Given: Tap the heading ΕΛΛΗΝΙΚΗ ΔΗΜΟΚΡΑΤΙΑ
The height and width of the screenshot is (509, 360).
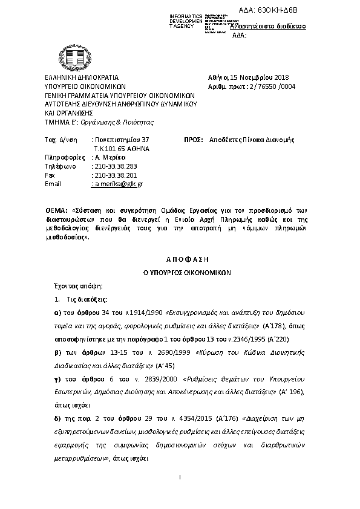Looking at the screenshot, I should pos(82,77).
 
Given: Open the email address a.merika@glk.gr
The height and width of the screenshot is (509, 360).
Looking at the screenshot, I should pos(117,184).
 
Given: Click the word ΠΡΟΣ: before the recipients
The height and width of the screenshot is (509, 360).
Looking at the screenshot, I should pos(193,140).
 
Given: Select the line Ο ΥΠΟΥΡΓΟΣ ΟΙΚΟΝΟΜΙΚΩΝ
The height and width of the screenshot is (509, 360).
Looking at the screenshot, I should pos(180,273).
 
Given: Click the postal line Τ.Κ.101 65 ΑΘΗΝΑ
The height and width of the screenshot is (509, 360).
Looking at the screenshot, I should pos(121,148).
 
